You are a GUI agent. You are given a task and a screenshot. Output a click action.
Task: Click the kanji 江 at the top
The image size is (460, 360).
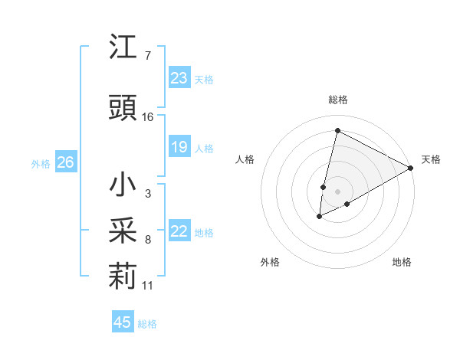pyautogui.click(x=123, y=48)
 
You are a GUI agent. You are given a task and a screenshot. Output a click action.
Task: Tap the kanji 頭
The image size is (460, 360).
pyautogui.click(x=123, y=109)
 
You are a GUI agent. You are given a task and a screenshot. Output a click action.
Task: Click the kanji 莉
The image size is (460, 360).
pyautogui.click(x=123, y=277)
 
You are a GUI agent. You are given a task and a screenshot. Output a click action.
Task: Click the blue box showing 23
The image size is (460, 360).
pyautogui.click(x=179, y=78)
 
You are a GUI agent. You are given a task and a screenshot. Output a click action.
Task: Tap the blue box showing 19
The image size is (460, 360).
pyautogui.click(x=179, y=147)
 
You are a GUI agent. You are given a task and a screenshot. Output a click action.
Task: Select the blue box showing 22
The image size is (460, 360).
pyautogui.click(x=179, y=232)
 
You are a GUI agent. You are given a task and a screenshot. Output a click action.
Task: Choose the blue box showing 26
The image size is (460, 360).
pyautogui.click(x=65, y=162)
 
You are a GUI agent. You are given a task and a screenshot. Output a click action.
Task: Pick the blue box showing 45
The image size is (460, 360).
pyautogui.click(x=123, y=322)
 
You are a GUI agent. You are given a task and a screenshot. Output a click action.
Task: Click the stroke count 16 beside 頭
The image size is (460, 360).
pyautogui.click(x=148, y=117)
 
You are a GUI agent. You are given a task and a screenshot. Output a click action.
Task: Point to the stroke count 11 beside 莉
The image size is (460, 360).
pyautogui.click(x=148, y=286)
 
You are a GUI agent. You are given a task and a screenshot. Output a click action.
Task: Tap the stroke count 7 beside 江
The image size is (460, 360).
pyautogui.click(x=147, y=56)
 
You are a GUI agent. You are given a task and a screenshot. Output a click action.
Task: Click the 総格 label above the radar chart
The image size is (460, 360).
pyautogui.click(x=337, y=100)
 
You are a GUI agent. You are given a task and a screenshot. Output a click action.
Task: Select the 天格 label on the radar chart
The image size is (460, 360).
pyautogui.click(x=431, y=159)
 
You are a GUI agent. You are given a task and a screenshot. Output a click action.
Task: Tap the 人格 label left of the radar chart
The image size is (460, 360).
pyautogui.click(x=245, y=159)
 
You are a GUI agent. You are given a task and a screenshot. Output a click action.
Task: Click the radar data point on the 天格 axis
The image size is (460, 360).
pyautogui.click(x=411, y=168)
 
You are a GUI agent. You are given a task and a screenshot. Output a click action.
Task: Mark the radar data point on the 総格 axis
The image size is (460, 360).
pyautogui.click(x=337, y=131)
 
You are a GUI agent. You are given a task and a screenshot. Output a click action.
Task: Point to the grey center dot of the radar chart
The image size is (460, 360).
pyautogui.click(x=337, y=191)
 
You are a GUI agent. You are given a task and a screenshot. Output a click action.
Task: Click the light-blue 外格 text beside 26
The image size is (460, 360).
pyautogui.click(x=40, y=163)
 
